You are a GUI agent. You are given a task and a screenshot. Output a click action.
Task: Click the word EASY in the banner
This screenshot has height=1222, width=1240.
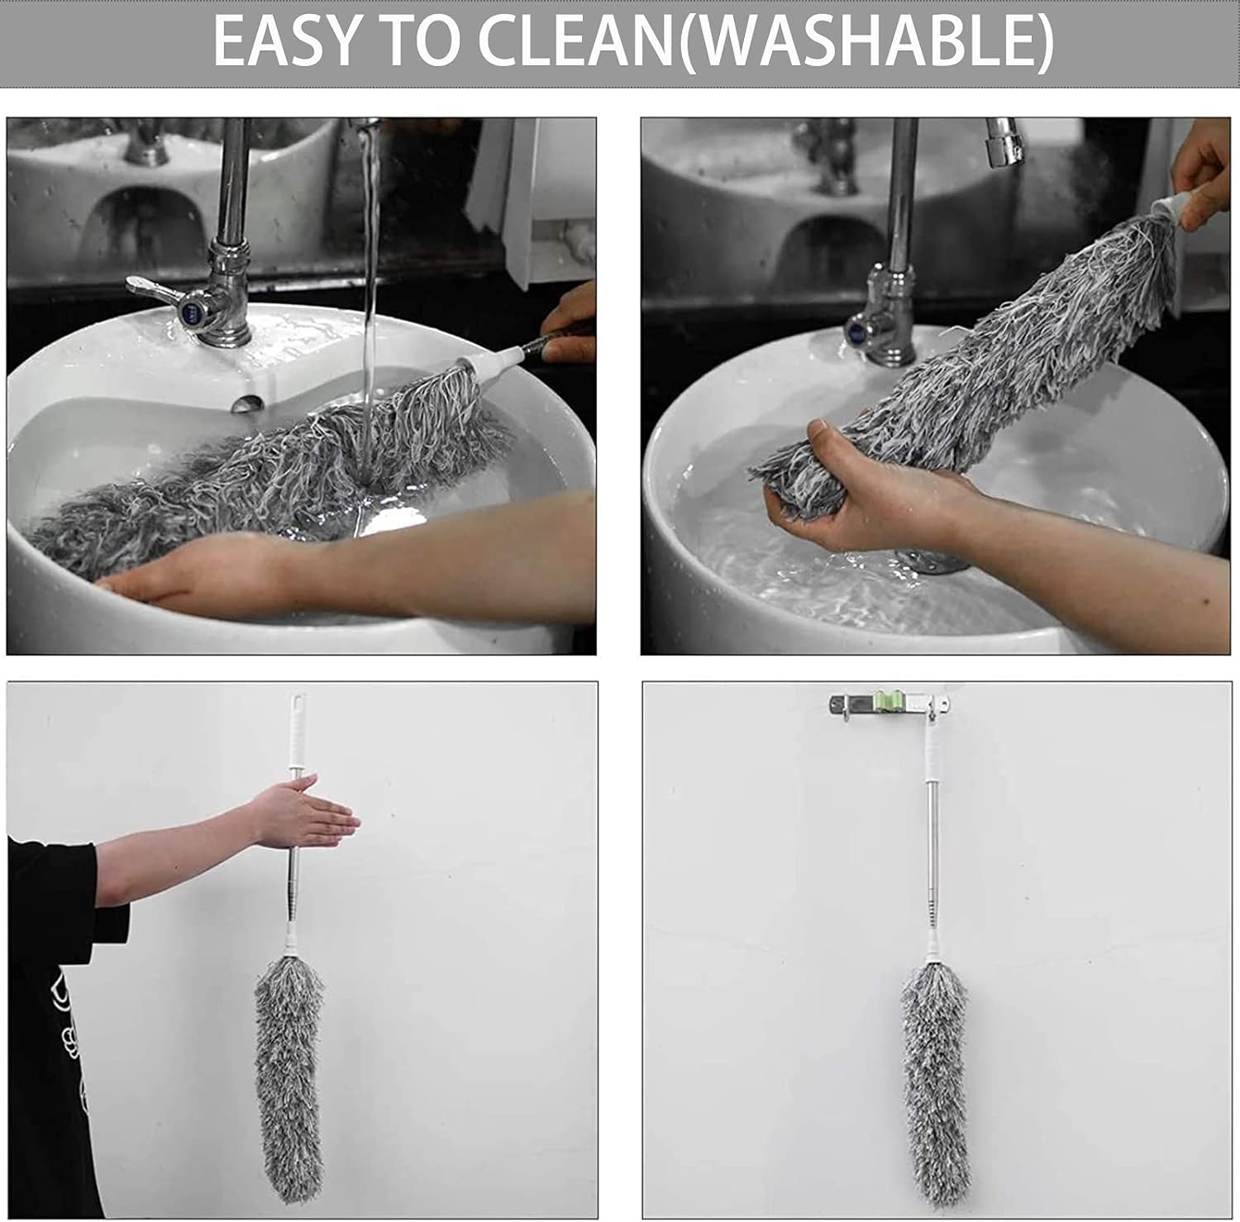point(285,41)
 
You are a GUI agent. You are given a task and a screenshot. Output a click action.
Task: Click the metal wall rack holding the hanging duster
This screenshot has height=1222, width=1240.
point(889,705)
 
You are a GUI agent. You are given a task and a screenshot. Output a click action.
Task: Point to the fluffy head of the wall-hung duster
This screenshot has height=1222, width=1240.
point(934,1083)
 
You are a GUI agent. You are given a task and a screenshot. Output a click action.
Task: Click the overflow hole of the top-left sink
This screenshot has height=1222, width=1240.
point(246,404)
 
